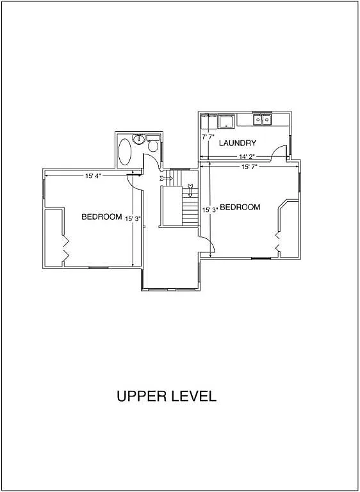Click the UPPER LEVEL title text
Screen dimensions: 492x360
[167, 396]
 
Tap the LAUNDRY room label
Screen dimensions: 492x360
[238, 143]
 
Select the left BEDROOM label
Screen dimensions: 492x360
[101, 217]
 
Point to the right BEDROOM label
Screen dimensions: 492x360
[240, 208]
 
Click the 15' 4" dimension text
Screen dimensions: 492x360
[93, 175]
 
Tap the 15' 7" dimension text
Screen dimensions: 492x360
[249, 167]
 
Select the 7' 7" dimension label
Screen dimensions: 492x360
[208, 137]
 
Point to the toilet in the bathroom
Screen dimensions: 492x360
[152, 143]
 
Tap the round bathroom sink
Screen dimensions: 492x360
[138, 138]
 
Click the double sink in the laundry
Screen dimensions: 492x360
[262, 119]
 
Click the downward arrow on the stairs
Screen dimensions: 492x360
[190, 190]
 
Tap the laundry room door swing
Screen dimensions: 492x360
[279, 154]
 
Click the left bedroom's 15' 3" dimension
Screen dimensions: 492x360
[133, 218]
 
